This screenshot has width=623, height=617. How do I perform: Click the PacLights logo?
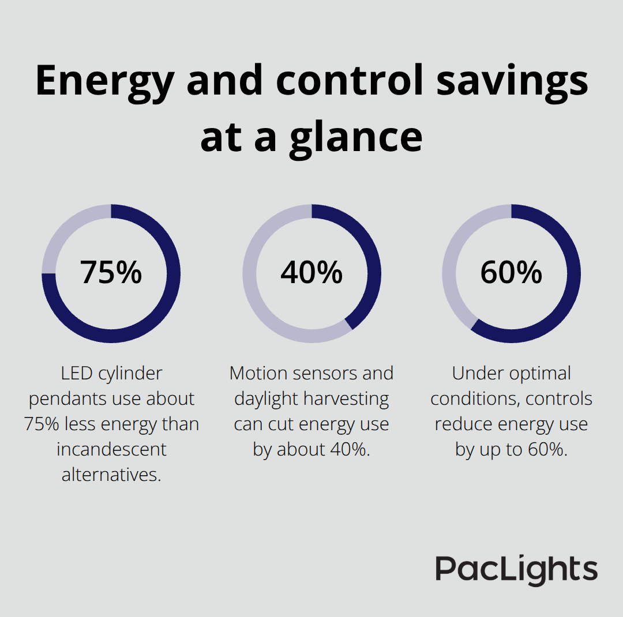point(516,569)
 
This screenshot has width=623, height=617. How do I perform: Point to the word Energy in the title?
point(104,81)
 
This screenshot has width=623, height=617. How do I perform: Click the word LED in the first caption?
point(76,374)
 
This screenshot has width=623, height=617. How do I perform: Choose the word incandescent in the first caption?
point(111,449)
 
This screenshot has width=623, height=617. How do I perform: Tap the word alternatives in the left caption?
point(111,475)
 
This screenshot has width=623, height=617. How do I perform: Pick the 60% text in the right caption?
point(547,450)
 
